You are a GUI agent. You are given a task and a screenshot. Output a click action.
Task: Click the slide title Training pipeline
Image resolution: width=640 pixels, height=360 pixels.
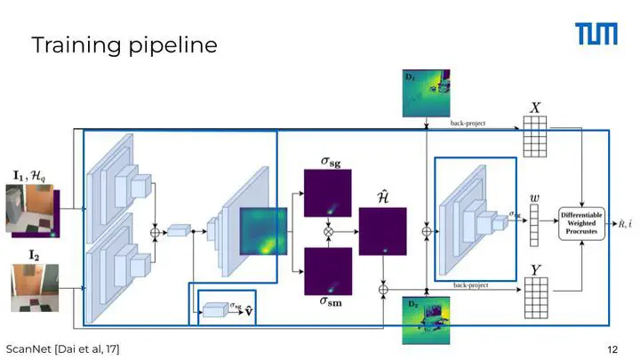(x=124, y=44)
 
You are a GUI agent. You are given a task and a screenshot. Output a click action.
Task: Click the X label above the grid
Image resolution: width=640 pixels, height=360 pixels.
(x=535, y=108)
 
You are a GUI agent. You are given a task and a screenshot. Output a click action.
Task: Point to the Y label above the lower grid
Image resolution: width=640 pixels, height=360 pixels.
(x=535, y=269)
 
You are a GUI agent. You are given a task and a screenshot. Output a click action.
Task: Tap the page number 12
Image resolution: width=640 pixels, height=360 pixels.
(x=612, y=349)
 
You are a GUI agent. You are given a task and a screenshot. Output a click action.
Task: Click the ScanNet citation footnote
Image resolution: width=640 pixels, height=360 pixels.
(x=63, y=349)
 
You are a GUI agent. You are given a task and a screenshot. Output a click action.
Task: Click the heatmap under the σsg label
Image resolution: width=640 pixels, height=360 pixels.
(x=329, y=193)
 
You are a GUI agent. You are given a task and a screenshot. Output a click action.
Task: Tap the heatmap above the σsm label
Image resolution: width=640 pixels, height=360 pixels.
(x=329, y=271)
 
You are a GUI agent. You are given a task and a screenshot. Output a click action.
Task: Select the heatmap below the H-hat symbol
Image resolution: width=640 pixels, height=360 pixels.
(x=383, y=233)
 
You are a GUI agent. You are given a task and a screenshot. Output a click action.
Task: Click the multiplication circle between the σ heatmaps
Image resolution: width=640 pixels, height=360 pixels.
(x=329, y=232)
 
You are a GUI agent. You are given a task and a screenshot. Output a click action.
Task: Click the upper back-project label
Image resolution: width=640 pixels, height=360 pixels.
(x=468, y=124)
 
